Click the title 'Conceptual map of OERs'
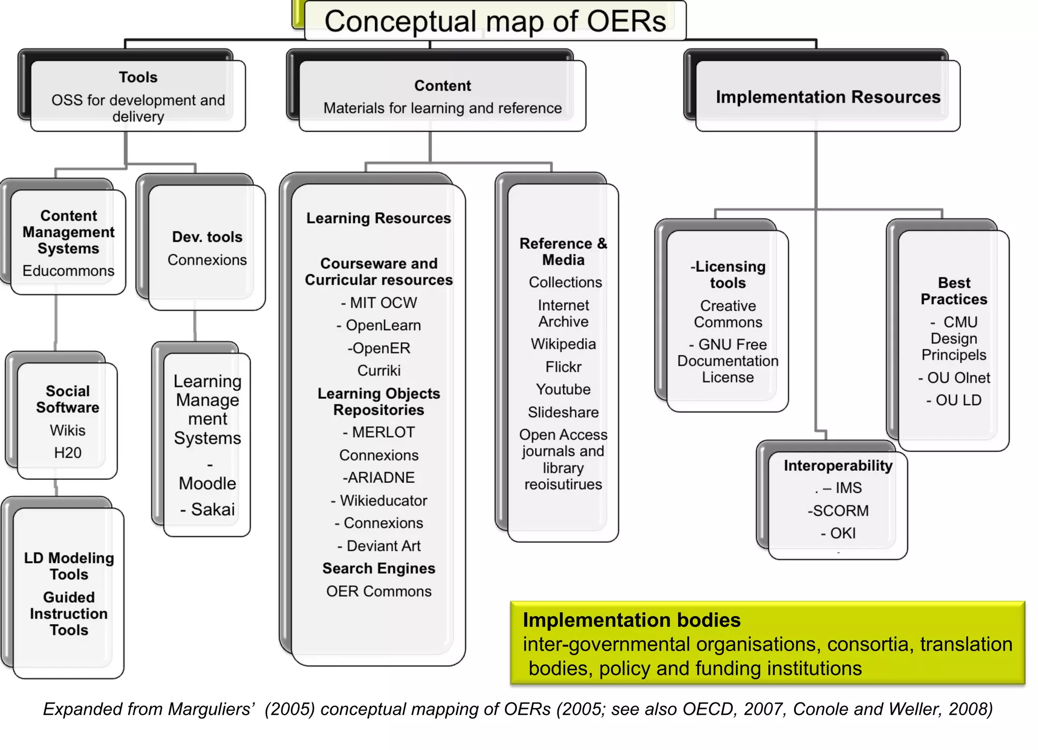(x=495, y=21)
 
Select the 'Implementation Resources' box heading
(x=828, y=97)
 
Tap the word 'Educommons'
(x=68, y=271)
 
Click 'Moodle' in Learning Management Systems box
(x=207, y=483)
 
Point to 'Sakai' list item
(x=212, y=509)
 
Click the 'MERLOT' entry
(x=383, y=433)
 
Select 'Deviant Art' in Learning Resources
(x=383, y=546)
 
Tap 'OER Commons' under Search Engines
(x=379, y=591)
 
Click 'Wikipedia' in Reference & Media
(x=563, y=344)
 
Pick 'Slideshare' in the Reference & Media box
(x=563, y=412)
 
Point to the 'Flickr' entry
(x=563, y=367)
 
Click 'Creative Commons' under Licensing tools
(x=728, y=314)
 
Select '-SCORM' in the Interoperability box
(x=838, y=511)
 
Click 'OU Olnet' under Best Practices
(x=958, y=378)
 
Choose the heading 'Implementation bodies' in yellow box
(x=632, y=620)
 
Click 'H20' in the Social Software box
(x=67, y=453)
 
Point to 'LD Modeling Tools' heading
(x=69, y=566)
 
